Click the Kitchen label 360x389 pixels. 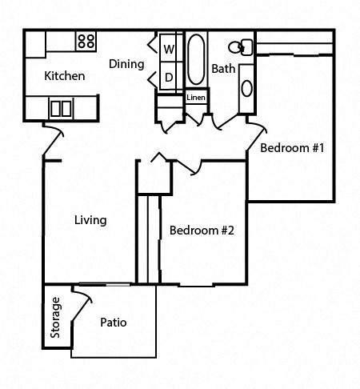click(x=64, y=77)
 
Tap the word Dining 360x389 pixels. click(x=126, y=64)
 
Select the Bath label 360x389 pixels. click(x=223, y=69)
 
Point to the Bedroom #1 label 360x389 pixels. click(x=291, y=148)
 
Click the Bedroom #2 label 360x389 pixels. click(x=201, y=231)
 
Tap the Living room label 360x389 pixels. click(x=90, y=220)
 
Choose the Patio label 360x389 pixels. click(x=114, y=323)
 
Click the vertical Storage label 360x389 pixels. click(x=56, y=318)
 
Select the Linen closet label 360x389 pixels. click(x=196, y=98)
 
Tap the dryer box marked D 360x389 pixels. click(x=169, y=78)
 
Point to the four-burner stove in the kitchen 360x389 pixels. click(x=86, y=41)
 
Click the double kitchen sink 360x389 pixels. click(x=61, y=107)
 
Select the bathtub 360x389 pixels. click(x=196, y=61)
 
